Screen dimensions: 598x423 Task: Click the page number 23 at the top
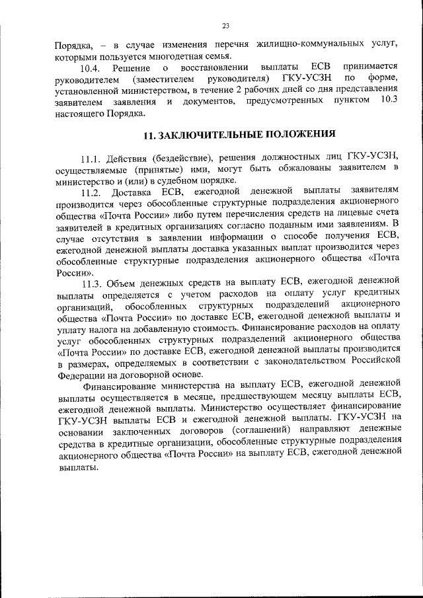coord(225,25)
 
